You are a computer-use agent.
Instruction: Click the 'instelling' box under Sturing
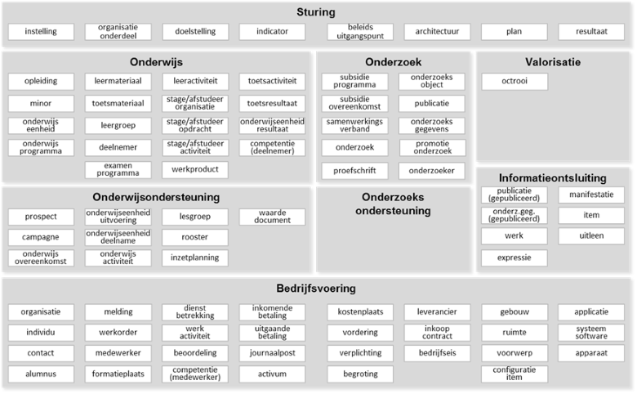tap(41, 32)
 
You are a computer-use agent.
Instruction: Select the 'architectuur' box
tap(437, 32)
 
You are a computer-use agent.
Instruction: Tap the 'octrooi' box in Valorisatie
tap(514, 81)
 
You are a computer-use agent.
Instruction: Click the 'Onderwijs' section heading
tap(156, 62)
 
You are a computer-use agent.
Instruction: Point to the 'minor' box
tap(41, 103)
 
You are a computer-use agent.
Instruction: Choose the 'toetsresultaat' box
tap(272, 103)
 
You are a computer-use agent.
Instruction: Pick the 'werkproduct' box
tap(195, 169)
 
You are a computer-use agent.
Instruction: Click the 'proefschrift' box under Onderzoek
tap(354, 171)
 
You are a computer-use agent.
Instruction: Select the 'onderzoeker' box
tap(432, 171)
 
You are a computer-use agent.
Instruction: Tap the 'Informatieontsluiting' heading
tap(553, 178)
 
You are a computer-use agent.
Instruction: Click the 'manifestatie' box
tap(591, 195)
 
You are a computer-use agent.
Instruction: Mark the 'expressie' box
tap(514, 257)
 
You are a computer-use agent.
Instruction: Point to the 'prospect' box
tap(41, 217)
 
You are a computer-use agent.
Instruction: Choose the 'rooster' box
tap(195, 237)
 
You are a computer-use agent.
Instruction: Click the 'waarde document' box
tap(272, 217)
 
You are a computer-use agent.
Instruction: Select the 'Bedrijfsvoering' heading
tap(316, 289)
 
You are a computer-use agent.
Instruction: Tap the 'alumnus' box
tap(41, 374)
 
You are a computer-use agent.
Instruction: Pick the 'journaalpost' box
tap(272, 353)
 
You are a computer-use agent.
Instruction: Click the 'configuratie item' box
tap(514, 374)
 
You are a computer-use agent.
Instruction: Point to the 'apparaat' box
tap(591, 353)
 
